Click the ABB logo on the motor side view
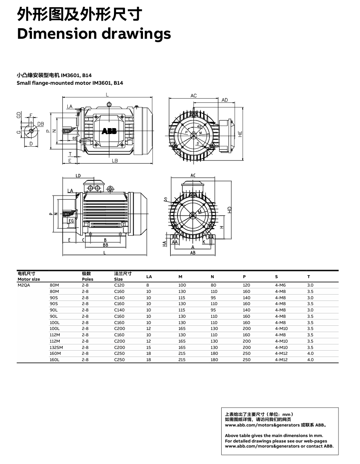tap(109, 131)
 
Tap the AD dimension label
tap(225, 100)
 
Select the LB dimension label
tap(114, 161)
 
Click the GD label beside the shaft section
tap(19, 115)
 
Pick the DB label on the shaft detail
tap(41, 123)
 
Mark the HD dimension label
tap(229, 209)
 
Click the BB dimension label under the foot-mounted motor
tap(105, 244)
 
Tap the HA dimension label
tap(164, 244)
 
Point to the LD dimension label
tap(78, 175)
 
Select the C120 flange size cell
tap(119, 285)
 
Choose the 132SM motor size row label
tap(56, 347)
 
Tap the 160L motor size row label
tap(55, 360)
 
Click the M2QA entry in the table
tap(24, 285)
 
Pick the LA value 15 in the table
tap(148, 347)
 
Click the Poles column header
tap(87, 279)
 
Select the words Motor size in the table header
tap(29, 279)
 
